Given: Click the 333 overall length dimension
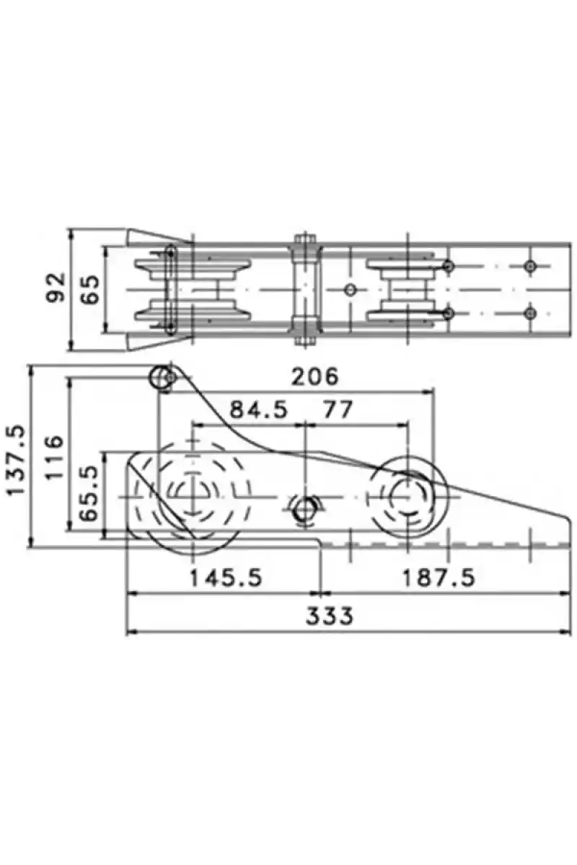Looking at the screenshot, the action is click(x=330, y=616).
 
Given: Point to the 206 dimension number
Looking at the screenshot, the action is click(x=314, y=376).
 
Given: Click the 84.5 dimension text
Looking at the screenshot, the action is click(x=258, y=409).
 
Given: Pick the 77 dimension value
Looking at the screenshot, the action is click(x=338, y=409).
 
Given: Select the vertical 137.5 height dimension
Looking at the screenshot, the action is click(x=17, y=460).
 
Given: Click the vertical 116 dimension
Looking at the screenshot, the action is click(x=53, y=457).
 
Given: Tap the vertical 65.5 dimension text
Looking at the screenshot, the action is click(x=89, y=493).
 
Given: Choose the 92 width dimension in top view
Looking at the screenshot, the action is click(x=56, y=288).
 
